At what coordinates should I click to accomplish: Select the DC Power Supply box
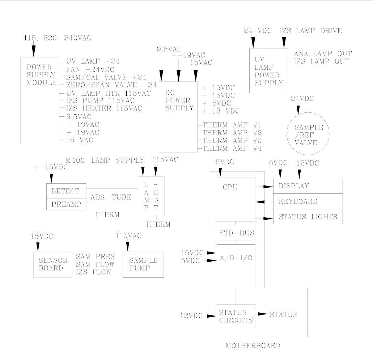178,116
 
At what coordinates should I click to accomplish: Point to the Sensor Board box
53,264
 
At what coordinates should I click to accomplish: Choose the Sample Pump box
143,264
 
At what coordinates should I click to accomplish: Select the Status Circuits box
236,316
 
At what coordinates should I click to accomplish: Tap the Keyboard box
308,201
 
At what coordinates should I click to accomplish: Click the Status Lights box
308,217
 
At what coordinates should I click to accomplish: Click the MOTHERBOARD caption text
253,346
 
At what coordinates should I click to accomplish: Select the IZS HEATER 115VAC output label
104,108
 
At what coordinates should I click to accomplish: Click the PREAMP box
66,204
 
